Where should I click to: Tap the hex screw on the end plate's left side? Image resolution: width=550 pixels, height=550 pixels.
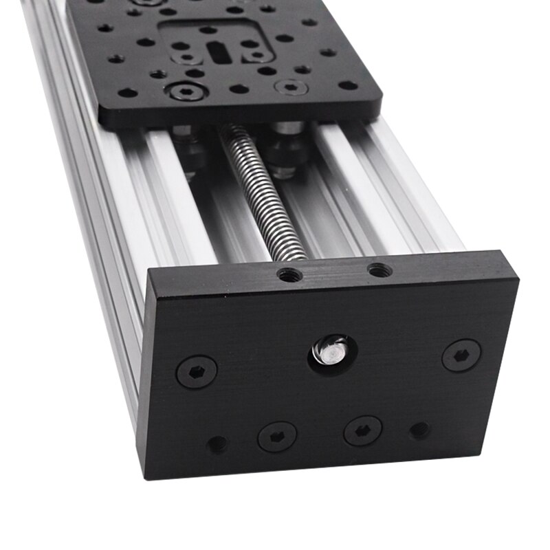pos(197,371)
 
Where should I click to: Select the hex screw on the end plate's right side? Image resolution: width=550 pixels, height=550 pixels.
pos(461,355)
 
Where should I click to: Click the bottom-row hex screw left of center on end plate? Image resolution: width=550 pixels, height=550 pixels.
pos(277,436)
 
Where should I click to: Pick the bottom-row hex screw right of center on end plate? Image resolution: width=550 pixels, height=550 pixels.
pos(363,430)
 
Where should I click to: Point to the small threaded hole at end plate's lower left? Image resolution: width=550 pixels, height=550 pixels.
pos(218,444)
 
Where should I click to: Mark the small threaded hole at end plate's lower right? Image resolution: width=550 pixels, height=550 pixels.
pos(419,430)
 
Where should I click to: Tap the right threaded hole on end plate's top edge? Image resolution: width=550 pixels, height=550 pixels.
pos(379,270)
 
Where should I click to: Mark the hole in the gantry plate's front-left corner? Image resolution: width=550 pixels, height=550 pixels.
pos(126,93)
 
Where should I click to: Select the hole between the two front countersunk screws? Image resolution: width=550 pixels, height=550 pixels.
pos(239,89)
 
